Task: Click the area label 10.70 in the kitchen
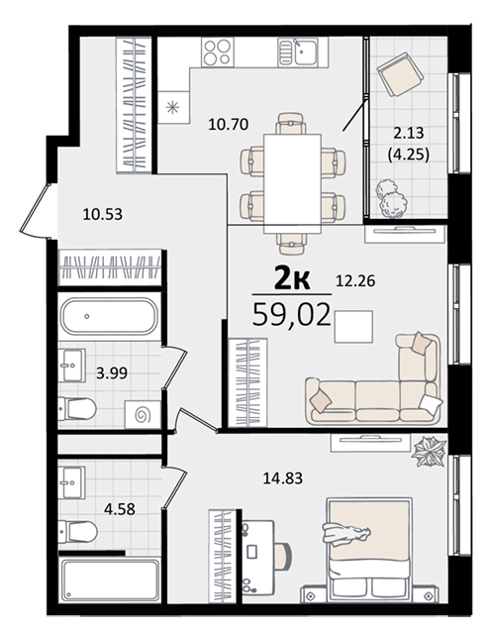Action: tap(229, 124)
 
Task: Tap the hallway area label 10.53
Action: tap(102, 214)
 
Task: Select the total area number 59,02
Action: tap(291, 315)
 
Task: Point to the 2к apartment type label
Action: tap(292, 278)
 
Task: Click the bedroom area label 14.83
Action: tap(283, 478)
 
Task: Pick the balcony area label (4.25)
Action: tap(408, 155)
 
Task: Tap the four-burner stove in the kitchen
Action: tap(218, 53)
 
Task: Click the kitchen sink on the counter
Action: tap(303, 53)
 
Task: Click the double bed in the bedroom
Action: tap(369, 550)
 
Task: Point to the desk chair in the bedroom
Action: tap(283, 556)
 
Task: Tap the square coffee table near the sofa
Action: tap(353, 326)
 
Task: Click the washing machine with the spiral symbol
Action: tap(143, 414)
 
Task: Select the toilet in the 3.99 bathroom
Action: tap(77, 409)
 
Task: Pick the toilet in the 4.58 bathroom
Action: tap(77, 531)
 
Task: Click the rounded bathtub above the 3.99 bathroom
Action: tap(109, 316)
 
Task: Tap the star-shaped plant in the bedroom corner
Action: tap(429, 452)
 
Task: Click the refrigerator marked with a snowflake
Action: tap(173, 108)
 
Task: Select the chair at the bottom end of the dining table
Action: tap(292, 245)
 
